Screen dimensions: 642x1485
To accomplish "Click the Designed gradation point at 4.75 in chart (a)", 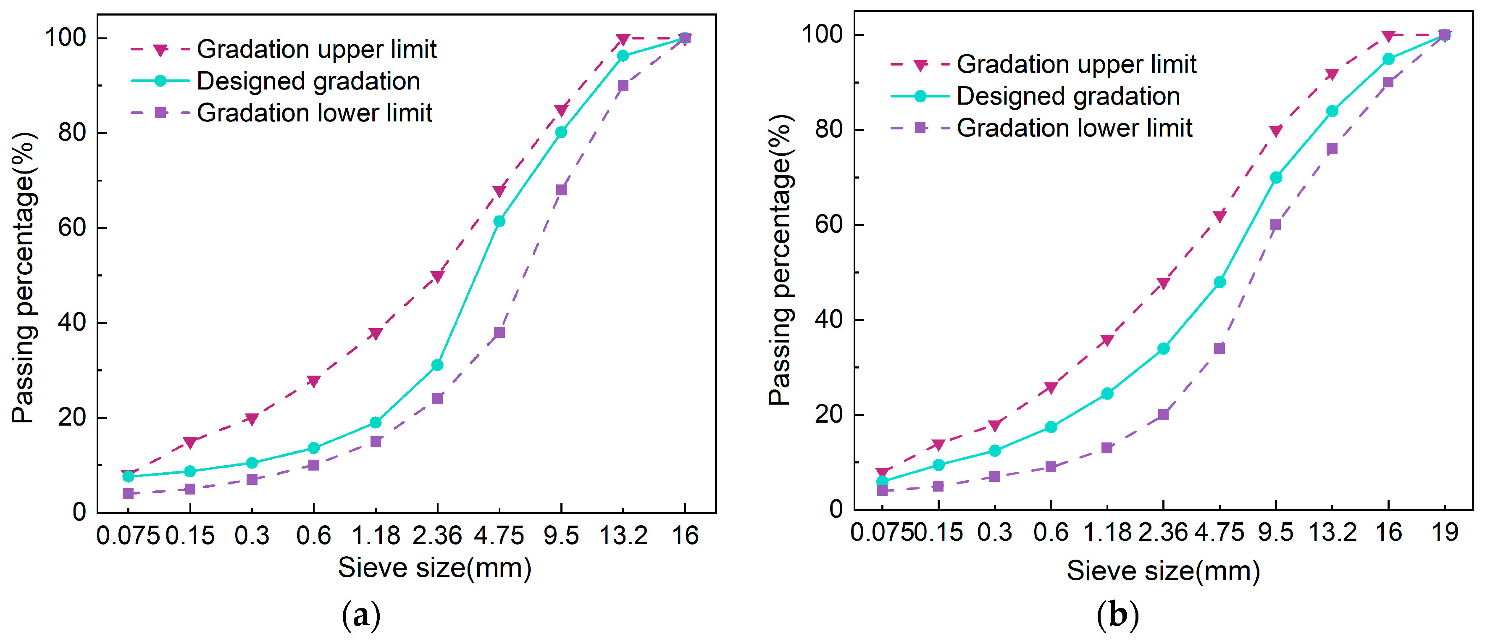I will tap(499, 221).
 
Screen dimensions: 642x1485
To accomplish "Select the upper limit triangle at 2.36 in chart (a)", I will tap(438, 277).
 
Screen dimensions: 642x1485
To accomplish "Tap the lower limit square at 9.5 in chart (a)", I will tap(561, 190).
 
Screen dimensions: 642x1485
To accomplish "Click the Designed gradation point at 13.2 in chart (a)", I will tap(623, 56).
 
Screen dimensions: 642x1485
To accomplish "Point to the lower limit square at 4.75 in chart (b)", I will tap(1219, 348).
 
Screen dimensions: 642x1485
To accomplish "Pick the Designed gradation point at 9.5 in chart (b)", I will tap(1276, 178).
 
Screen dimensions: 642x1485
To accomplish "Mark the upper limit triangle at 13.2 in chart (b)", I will tap(1332, 75).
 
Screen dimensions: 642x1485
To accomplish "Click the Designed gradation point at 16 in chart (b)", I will tap(1388, 59).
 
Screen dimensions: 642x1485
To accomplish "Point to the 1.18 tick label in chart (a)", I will tap(376, 536).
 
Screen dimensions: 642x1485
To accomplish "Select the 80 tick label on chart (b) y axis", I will tap(828, 129).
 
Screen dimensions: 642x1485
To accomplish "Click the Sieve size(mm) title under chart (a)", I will tap(434, 568).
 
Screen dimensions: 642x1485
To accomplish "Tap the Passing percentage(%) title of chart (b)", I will tap(781, 260).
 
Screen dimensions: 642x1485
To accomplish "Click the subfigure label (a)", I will tap(361, 616).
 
